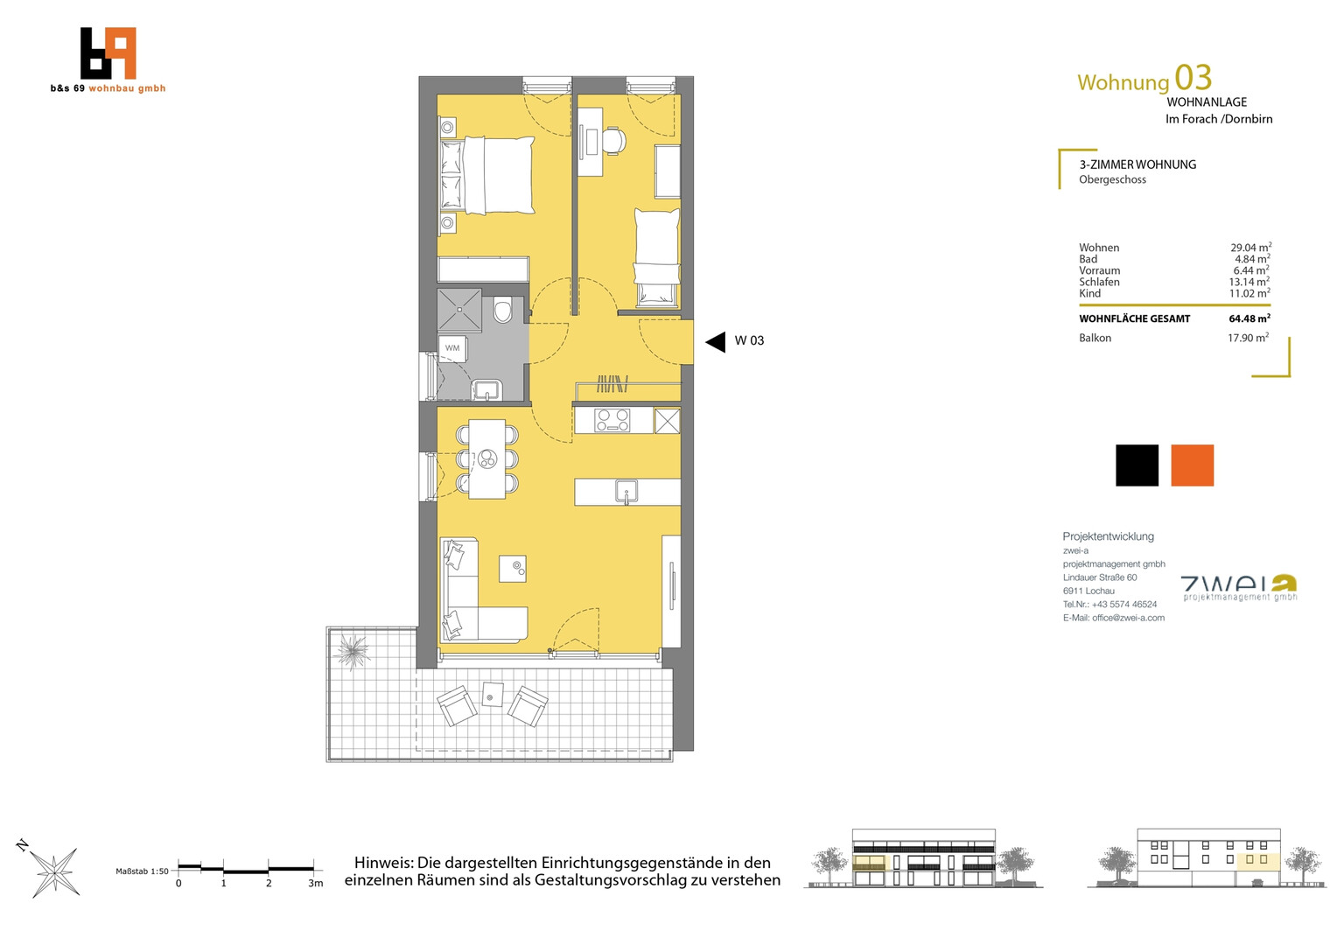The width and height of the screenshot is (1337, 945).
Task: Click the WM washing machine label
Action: click(451, 348)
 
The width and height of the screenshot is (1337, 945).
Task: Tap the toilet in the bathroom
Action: click(503, 309)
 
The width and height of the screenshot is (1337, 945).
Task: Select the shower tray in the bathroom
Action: click(459, 310)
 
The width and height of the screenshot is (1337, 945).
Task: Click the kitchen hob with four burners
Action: click(612, 420)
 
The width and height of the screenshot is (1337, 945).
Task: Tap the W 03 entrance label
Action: click(749, 341)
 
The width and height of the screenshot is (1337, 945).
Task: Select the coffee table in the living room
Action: click(513, 569)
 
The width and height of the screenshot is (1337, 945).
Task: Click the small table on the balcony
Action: click(493, 694)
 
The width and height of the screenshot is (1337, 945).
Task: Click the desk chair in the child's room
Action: click(614, 141)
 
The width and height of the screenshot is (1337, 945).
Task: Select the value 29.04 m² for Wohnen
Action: click(1250, 247)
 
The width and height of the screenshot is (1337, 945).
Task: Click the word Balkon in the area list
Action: click(1095, 338)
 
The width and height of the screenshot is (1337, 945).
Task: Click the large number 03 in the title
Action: click(1193, 78)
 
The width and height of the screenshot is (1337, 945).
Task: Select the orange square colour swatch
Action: click(1192, 465)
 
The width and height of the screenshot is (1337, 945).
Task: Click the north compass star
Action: click(53, 872)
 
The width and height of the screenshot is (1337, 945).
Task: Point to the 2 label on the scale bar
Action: click(269, 884)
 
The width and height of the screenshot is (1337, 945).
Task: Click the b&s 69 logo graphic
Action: click(108, 53)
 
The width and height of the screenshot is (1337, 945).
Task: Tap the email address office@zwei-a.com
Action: click(1128, 618)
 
